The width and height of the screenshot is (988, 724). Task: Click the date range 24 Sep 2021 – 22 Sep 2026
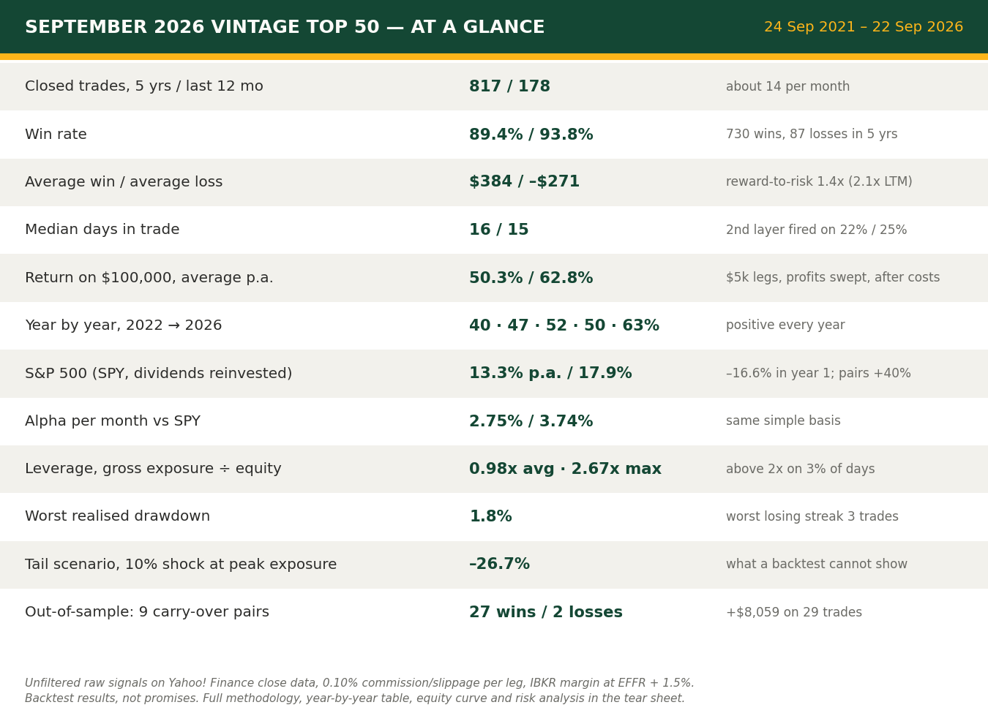(863, 27)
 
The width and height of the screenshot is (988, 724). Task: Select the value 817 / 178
(509, 86)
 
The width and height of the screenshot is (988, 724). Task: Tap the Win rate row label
(56, 134)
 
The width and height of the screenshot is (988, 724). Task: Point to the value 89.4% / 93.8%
(531, 134)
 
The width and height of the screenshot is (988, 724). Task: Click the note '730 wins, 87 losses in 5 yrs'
(812, 134)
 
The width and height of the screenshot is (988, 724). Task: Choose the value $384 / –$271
(525, 181)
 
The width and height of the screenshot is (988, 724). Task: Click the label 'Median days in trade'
(102, 229)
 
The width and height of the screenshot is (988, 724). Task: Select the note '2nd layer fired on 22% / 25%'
(817, 230)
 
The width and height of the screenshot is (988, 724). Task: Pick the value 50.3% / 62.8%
(531, 278)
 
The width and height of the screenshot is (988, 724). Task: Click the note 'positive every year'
(785, 325)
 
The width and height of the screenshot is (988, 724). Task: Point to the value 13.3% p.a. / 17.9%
(550, 373)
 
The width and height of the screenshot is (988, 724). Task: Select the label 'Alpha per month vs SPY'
(113, 421)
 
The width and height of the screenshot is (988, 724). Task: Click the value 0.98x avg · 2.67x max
(566, 469)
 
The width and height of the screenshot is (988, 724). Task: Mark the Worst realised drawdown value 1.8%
(491, 516)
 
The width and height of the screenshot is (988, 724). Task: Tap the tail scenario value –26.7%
(500, 564)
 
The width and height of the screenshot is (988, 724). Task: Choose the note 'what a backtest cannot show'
(817, 564)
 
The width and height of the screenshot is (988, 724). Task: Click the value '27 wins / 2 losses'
(546, 611)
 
